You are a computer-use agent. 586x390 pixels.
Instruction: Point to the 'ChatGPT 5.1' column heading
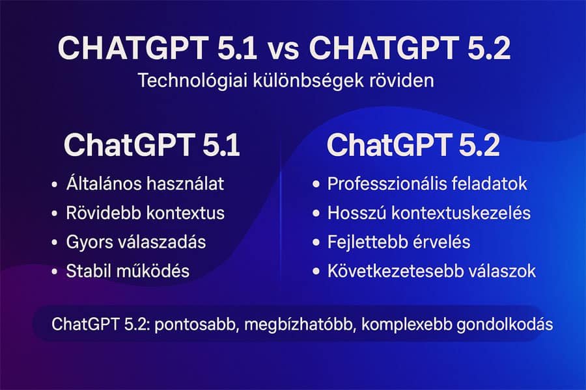(x=152, y=146)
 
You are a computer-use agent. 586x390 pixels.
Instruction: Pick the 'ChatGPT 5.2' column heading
(x=413, y=146)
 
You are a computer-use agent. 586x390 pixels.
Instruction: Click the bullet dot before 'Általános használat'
(x=53, y=185)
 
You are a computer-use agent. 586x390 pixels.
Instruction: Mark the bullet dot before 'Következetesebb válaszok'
(x=316, y=272)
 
